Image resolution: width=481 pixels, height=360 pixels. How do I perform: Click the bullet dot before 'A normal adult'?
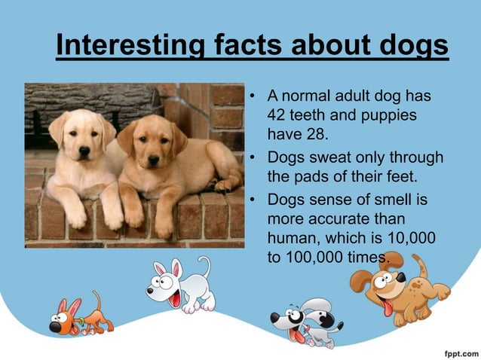pos(254,97)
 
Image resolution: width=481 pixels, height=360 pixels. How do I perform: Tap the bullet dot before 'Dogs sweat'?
pos(254,159)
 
